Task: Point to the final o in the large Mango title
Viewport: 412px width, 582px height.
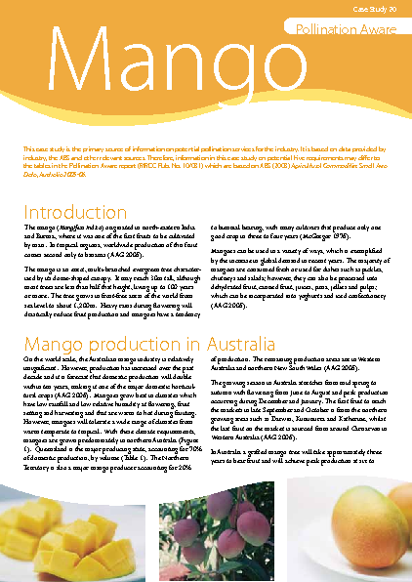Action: (x=326, y=70)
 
